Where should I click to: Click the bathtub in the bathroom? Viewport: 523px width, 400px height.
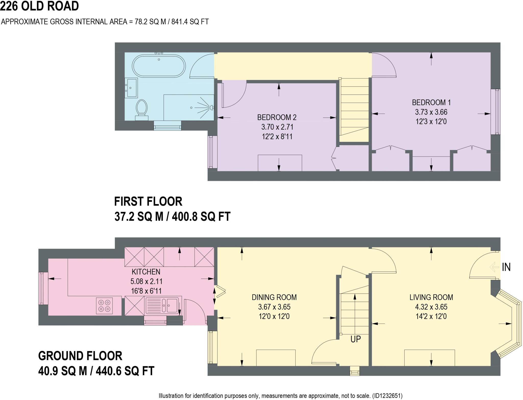158,66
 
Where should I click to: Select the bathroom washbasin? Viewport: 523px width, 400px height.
132,88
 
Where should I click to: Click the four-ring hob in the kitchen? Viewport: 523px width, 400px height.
104,306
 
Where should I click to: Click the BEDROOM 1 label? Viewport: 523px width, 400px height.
431,102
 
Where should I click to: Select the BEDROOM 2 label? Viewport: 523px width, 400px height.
277,117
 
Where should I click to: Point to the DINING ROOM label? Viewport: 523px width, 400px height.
274,297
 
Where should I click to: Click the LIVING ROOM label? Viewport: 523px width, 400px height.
431,297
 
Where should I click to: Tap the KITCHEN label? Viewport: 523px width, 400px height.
146,272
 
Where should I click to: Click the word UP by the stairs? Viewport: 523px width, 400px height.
355,339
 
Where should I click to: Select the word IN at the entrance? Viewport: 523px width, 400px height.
506,267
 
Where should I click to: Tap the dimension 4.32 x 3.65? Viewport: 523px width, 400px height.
431,307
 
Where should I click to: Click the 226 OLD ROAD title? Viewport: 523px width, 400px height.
39,6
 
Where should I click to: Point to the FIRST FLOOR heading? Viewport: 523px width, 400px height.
148,201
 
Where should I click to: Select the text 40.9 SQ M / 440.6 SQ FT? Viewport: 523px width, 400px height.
96,371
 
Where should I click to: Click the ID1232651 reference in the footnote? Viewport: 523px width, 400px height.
387,396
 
